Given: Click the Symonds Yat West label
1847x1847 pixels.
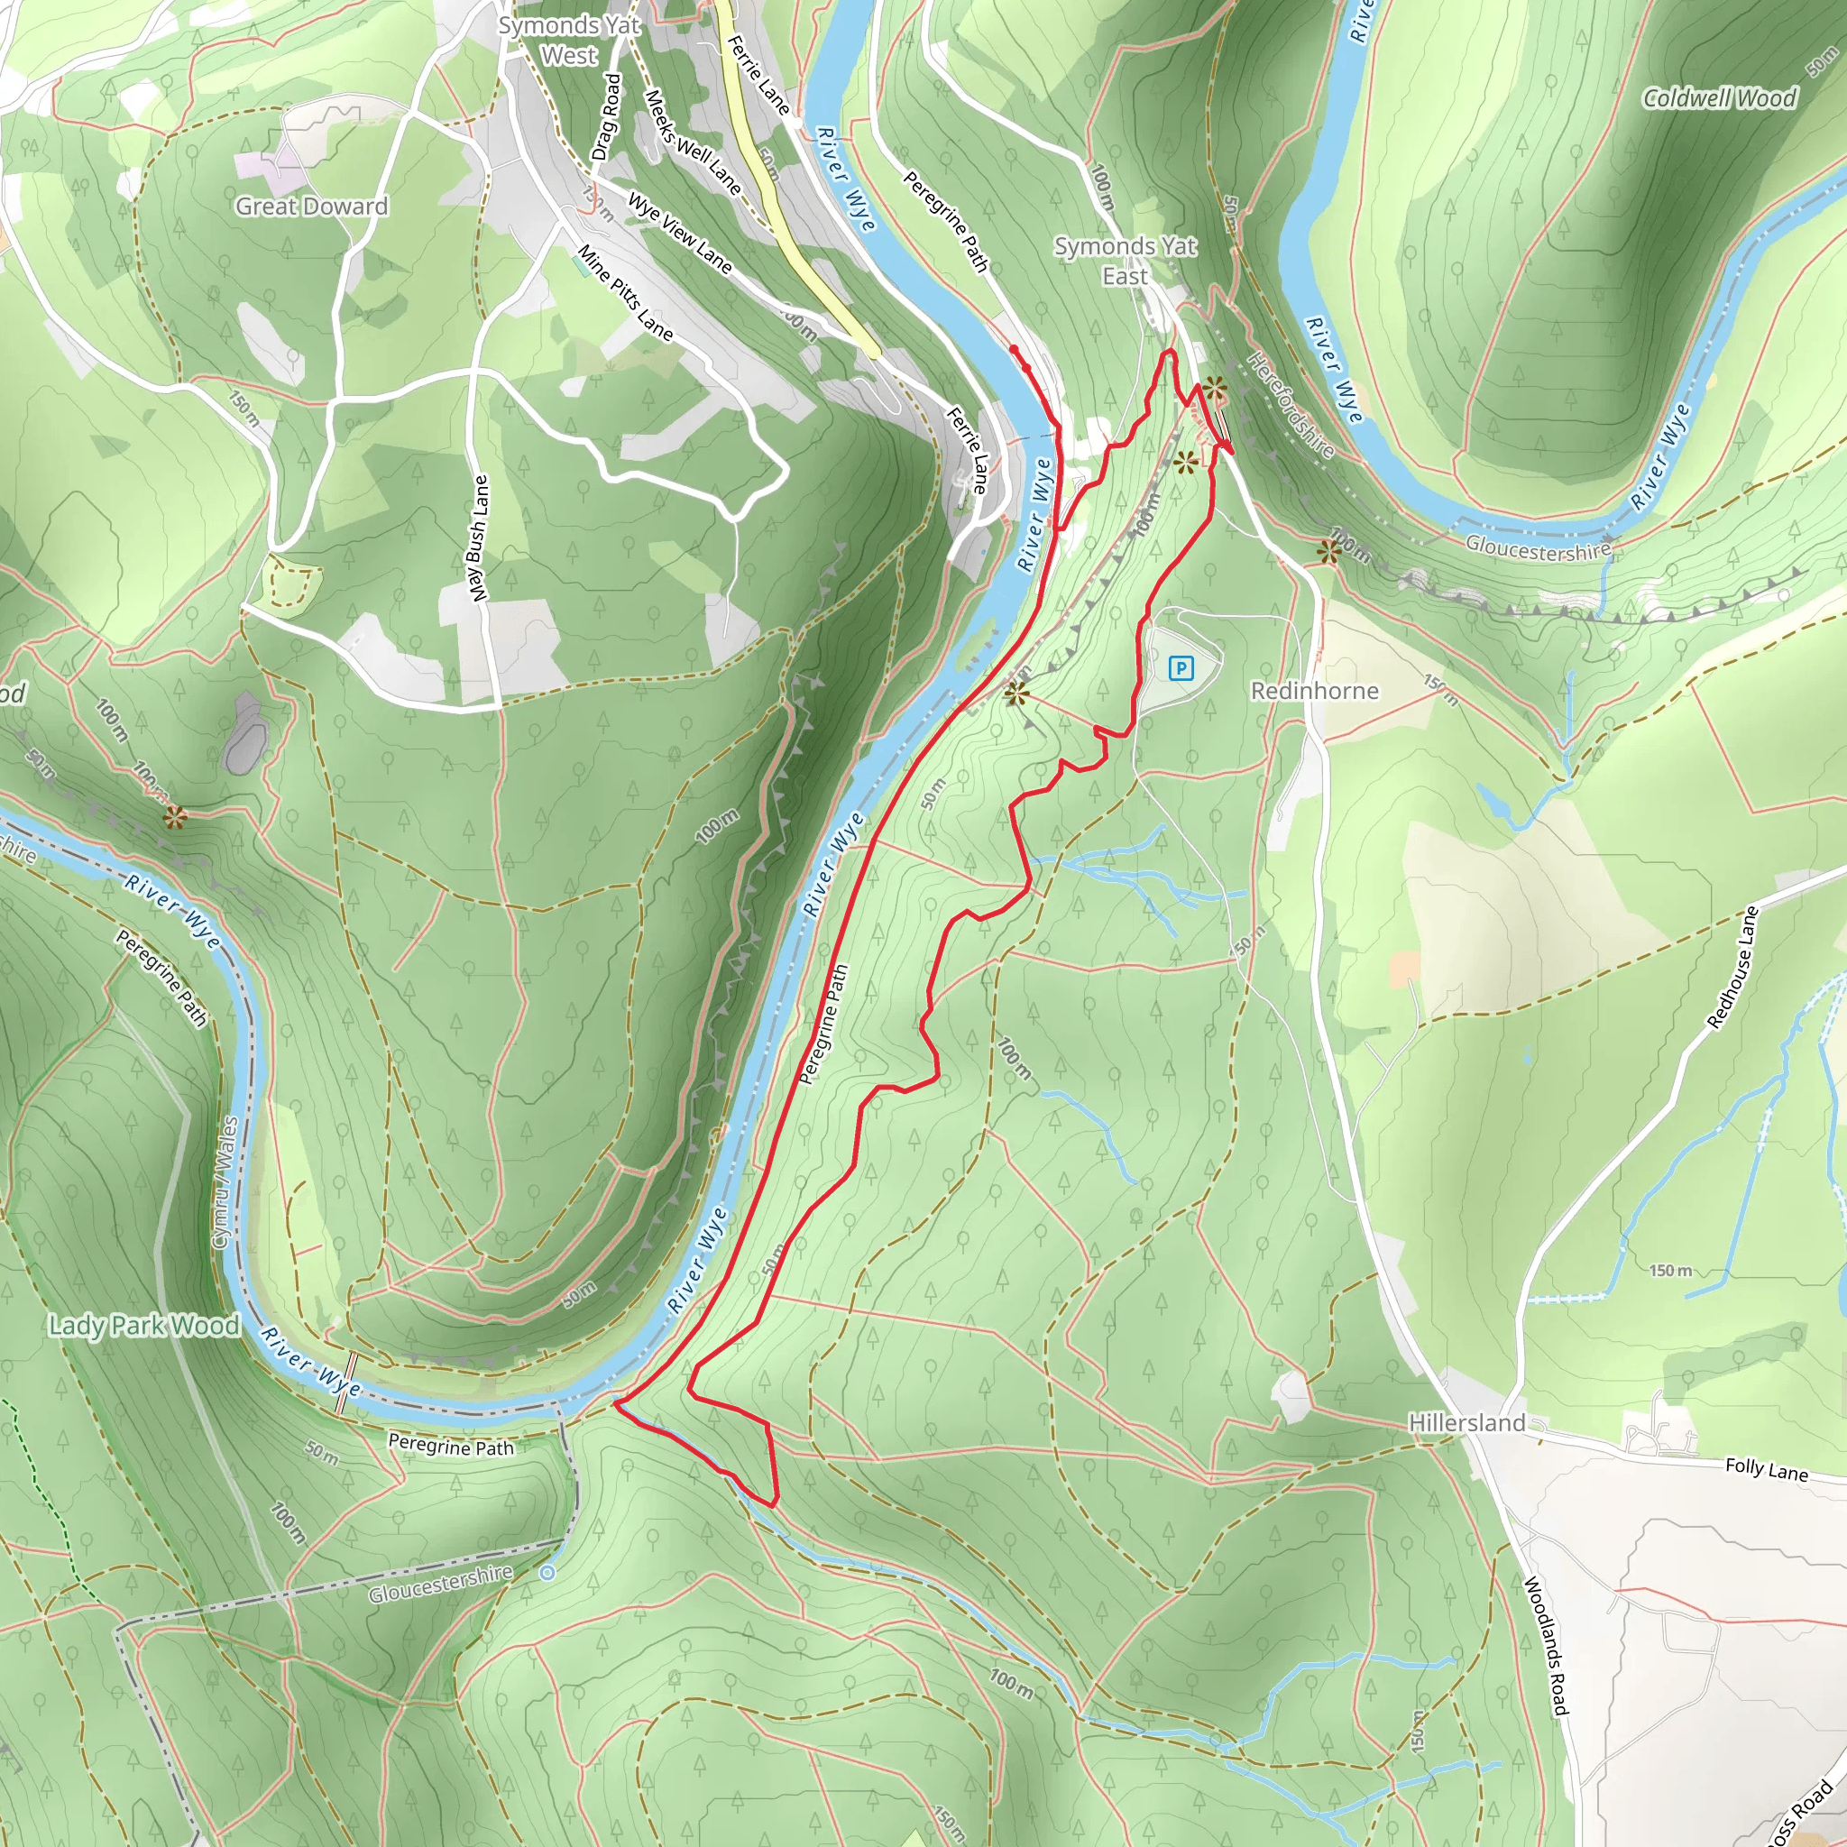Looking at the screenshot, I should pyautogui.click(x=569, y=41).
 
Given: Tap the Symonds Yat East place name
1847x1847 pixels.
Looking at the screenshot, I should pyautogui.click(x=1126, y=261).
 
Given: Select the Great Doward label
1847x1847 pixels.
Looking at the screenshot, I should pyautogui.click(x=312, y=207).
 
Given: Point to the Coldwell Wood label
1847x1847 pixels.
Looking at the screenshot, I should pyautogui.click(x=1719, y=98).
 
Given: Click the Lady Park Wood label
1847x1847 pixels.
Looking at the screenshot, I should pyautogui.click(x=144, y=1325).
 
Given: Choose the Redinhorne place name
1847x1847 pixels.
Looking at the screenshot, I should pyautogui.click(x=1315, y=691).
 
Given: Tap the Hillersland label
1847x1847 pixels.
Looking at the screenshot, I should pyautogui.click(x=1466, y=1422).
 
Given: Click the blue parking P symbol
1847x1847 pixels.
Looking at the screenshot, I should pyautogui.click(x=1181, y=668).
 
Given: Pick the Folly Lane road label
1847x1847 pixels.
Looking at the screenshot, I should pyautogui.click(x=1766, y=1469).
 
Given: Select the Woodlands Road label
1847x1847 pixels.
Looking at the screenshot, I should pyautogui.click(x=1546, y=1645).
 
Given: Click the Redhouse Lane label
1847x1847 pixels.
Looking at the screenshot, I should pyautogui.click(x=1732, y=968).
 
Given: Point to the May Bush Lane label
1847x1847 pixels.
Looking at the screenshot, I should pyautogui.click(x=478, y=538).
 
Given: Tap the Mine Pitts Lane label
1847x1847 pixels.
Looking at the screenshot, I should pyautogui.click(x=625, y=293).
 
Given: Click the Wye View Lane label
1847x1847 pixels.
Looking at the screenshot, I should pyautogui.click(x=680, y=234).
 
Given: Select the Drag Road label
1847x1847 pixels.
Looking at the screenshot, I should pyautogui.click(x=606, y=116).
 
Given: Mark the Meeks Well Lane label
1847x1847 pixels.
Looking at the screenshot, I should pyautogui.click(x=694, y=142).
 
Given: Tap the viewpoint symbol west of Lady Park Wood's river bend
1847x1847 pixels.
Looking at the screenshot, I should pyautogui.click(x=174, y=817).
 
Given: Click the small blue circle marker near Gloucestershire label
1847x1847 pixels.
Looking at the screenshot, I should pyautogui.click(x=547, y=1573).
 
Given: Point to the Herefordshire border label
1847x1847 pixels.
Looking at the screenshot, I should pyautogui.click(x=1291, y=403).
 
